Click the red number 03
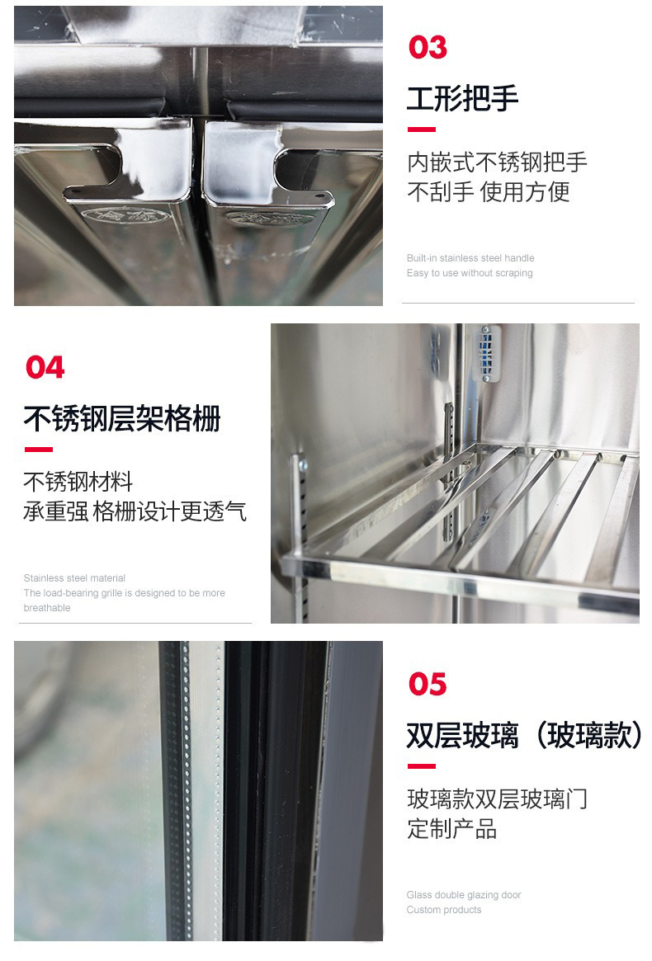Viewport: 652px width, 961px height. coord(428,48)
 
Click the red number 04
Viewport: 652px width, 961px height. coord(45,367)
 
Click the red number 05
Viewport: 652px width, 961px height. coord(428,684)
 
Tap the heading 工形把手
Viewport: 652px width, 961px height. coord(462,98)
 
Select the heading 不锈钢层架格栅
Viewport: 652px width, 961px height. coord(122,418)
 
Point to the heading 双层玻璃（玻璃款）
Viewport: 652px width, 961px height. coord(524,735)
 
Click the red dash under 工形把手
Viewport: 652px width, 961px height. coord(421,130)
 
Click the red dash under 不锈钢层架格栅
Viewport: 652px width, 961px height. coord(38,450)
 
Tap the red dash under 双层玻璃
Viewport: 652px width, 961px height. coord(421,766)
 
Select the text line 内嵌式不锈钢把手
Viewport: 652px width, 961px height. coord(497,162)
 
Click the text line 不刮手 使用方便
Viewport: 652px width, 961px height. coord(488,192)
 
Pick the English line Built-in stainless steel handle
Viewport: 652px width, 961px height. coord(470,258)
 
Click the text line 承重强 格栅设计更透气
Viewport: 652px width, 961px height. coord(135,511)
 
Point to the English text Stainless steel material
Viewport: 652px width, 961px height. coord(74,578)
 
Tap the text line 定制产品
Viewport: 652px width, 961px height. coord(451,829)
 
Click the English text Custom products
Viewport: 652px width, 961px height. coord(443,910)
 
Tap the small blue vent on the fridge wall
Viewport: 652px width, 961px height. coord(489,353)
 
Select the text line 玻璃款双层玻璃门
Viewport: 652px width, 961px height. coord(497,798)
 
